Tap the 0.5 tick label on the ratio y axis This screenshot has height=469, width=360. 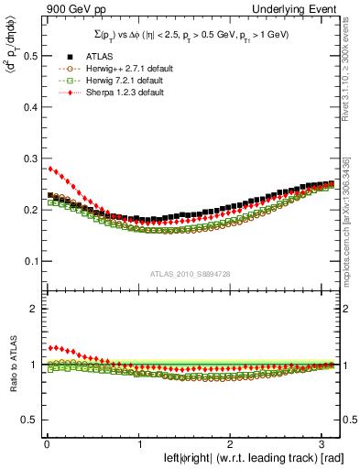[24, 420]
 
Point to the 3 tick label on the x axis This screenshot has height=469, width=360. [321, 443]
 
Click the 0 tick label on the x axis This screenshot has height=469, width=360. [46, 443]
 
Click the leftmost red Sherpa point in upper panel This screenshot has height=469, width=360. [50, 169]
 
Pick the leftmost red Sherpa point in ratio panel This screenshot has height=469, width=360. [50, 348]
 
